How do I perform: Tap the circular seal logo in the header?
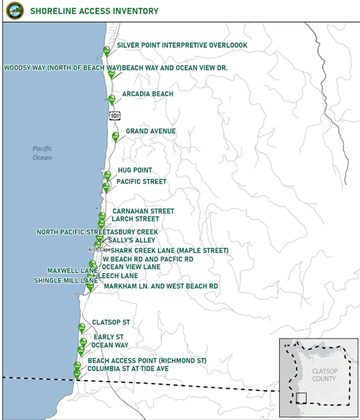click(15, 10)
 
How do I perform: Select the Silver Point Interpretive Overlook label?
click(181, 45)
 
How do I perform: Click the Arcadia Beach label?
click(148, 95)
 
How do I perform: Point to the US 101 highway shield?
click(115, 116)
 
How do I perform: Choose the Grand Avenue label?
click(151, 131)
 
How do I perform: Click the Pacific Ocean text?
click(42, 153)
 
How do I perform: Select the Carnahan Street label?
click(143, 211)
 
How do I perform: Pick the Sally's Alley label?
click(131, 239)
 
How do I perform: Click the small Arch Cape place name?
click(99, 250)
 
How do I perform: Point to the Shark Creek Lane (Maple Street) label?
click(169, 250)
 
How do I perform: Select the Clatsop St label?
click(111, 322)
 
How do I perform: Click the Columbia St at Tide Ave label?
click(138, 369)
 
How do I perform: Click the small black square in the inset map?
click(301, 397)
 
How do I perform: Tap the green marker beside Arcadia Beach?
click(111, 99)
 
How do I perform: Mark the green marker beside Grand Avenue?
click(115, 136)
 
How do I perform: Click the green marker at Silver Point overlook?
click(106, 50)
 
